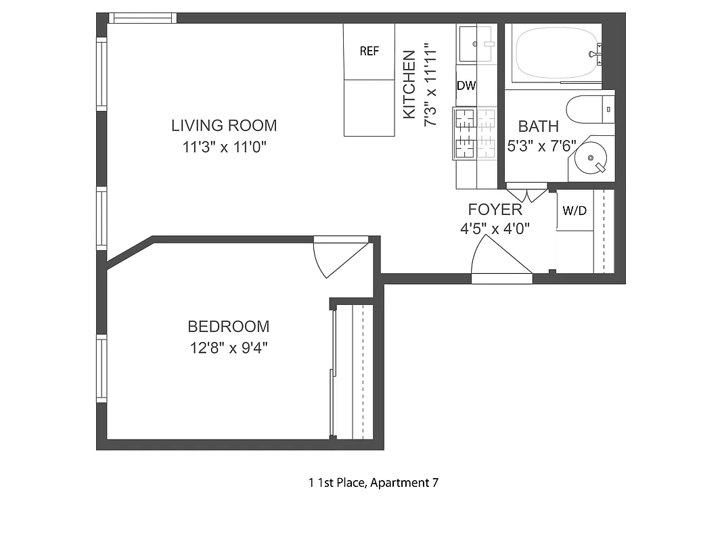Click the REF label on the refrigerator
[369, 51]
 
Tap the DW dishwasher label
[466, 86]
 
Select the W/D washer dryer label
[574, 211]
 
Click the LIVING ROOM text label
[224, 125]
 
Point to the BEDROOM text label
[228, 327]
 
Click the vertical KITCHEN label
[409, 85]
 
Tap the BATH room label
[539, 126]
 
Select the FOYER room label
[495, 210]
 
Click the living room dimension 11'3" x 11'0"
[225, 147]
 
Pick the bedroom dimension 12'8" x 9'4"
[228, 349]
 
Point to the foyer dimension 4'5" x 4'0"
[495, 229]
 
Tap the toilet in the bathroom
[589, 110]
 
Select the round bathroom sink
[590, 160]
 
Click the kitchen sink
[476, 43]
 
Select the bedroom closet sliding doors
[332, 372]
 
